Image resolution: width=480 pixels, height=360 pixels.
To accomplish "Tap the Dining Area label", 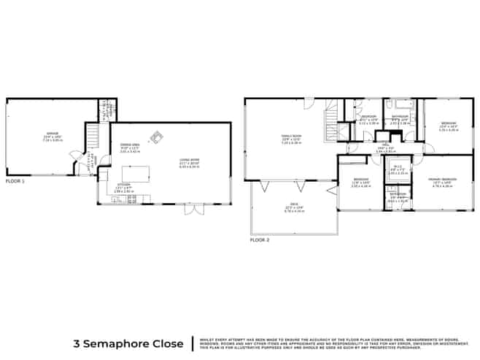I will click(130, 147).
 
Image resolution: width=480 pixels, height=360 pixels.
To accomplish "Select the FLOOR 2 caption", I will click(259, 240).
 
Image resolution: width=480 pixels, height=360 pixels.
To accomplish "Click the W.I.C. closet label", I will click(398, 169).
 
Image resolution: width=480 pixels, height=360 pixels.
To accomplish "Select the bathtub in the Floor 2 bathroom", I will click(400, 106).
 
